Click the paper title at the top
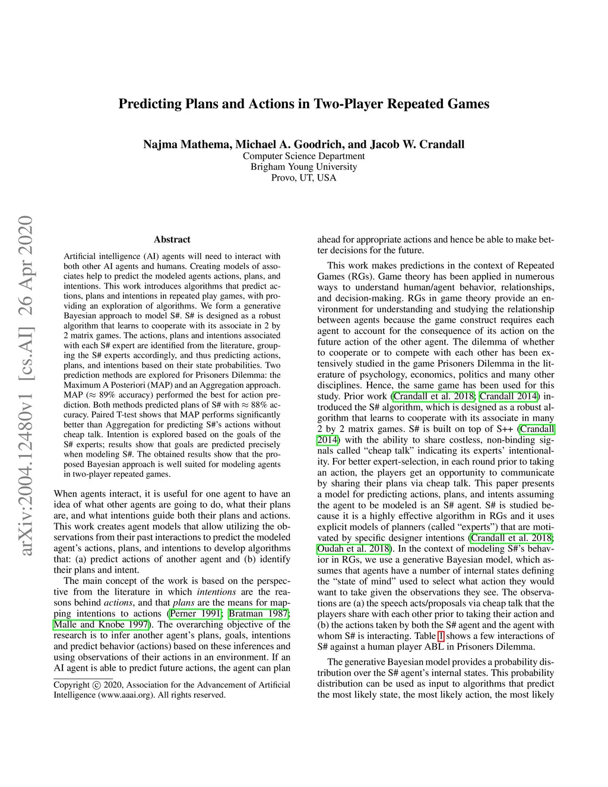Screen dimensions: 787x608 pos(303,104)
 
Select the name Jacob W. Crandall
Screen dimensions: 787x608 pos(417,144)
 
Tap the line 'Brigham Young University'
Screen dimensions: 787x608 pos(303,167)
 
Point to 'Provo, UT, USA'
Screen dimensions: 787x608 pos(303,178)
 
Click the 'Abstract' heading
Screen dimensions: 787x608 pos(172,239)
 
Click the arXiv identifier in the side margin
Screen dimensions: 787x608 pos(26,386)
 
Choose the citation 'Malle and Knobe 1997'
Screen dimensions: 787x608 pos(101,624)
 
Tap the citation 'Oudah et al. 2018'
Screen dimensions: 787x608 pos(353,548)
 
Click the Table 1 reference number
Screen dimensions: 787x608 pos(441,636)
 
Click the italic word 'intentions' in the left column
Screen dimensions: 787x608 pos(216,592)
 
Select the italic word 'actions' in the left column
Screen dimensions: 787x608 pos(118,602)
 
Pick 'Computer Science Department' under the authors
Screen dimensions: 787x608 pos(303,156)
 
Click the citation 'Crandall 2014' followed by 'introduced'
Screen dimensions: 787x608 pos(509,396)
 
